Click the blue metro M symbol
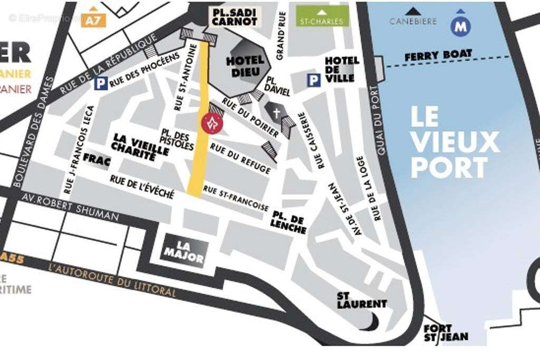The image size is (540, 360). [x=461, y=26]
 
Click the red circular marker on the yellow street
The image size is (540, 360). [x=212, y=123]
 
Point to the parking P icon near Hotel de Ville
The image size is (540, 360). [x=314, y=80]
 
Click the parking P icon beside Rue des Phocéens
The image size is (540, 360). [x=100, y=83]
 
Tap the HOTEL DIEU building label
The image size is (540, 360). [x=245, y=66]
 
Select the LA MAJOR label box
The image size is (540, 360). [x=184, y=251]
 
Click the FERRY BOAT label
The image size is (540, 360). [x=438, y=55]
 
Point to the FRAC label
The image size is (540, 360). [x=97, y=161]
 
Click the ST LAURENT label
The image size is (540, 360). [x=362, y=299]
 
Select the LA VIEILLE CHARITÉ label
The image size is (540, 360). [x=141, y=147]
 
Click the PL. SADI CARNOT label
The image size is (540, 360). [x=235, y=16]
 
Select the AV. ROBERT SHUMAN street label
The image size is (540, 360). [x=71, y=207]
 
